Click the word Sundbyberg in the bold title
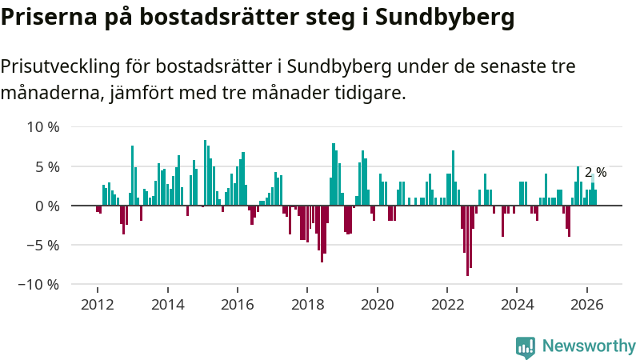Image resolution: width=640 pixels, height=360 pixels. point(445,18)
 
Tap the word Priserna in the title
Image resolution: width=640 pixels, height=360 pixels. point(49,18)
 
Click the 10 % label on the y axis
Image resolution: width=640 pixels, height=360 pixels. point(43,127)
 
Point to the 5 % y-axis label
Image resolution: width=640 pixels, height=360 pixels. point(47,166)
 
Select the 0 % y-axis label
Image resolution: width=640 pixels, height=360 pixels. point(47,206)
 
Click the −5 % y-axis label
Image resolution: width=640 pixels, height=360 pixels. point(43,246)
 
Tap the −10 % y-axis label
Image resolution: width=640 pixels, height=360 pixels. point(38,285)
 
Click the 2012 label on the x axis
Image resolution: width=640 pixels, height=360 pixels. point(98,305)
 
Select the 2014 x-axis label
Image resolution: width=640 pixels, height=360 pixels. point(168,305)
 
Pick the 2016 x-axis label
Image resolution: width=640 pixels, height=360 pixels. point(238,305)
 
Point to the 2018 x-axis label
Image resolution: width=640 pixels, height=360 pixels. point(307,305)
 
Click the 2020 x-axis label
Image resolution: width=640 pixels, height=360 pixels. point(378,305)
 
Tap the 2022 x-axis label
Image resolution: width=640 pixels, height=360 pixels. point(447,305)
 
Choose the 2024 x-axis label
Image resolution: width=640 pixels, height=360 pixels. point(517,305)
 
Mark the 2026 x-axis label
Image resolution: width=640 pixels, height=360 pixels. point(587,305)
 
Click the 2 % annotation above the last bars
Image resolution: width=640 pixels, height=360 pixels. point(595,172)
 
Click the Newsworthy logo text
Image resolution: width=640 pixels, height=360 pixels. point(589,346)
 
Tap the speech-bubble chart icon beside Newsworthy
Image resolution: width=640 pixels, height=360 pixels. point(526,347)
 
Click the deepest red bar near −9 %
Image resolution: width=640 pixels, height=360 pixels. point(467,241)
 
